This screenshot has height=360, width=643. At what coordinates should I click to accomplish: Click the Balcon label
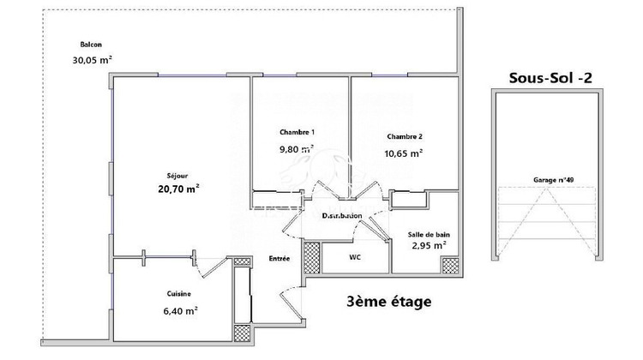pos(93,44)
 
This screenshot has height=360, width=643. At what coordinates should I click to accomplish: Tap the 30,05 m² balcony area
pos(93,60)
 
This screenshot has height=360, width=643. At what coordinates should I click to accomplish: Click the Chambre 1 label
pos(297,132)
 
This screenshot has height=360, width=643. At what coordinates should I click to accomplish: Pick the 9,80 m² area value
pos(297,147)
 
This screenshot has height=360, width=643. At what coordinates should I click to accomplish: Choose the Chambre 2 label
pos(404,136)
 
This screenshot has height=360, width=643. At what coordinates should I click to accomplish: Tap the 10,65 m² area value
pos(404,153)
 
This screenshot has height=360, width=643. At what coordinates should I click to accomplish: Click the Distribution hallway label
pos(341,216)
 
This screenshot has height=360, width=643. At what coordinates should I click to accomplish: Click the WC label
pos(354,256)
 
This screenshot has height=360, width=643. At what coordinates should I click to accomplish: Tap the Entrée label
pos(279,259)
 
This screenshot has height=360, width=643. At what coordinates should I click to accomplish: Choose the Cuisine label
pos(179,294)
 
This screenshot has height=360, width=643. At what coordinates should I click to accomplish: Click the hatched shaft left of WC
pos(311,255)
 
